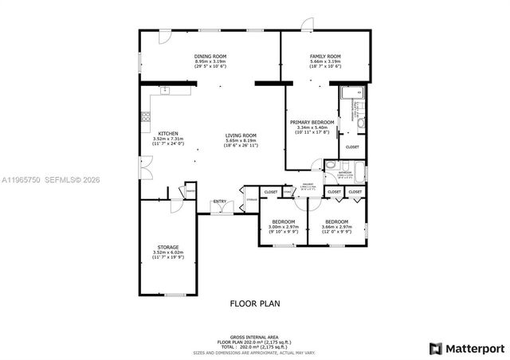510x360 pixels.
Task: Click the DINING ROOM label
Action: point(210,56)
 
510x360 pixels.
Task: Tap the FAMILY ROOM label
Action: point(325,56)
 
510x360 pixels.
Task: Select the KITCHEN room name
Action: point(167,133)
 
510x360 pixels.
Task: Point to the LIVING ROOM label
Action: point(240,135)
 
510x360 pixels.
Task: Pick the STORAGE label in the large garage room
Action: point(167,247)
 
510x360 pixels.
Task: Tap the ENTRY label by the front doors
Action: point(219,202)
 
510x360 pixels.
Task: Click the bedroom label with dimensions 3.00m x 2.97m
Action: point(284,221)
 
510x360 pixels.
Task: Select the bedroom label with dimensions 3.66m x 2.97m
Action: point(336,221)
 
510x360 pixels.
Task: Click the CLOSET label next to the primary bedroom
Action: point(352,147)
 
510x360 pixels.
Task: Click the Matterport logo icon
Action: point(435,348)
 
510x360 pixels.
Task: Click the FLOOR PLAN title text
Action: point(254,303)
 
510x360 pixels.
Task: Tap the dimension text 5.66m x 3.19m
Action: point(325,61)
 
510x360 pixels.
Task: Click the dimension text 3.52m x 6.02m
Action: point(167,252)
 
